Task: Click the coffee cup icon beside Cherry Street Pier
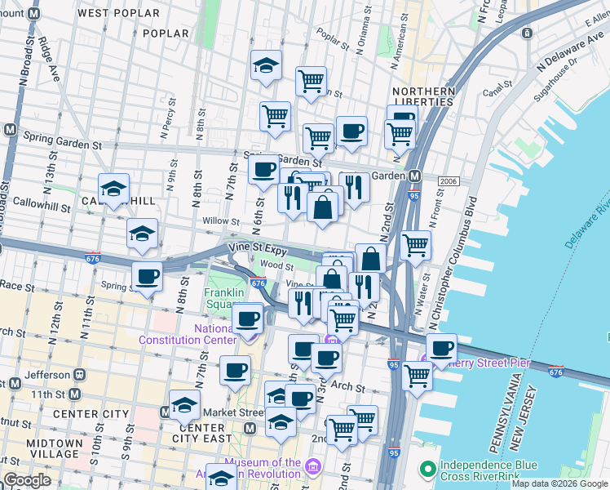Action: point(442,348)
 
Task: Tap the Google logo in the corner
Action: point(28,480)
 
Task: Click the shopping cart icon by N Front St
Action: point(416,243)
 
